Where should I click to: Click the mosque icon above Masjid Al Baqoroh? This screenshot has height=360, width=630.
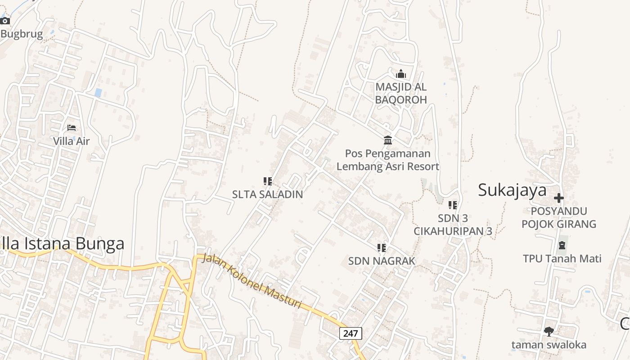[x=400, y=74]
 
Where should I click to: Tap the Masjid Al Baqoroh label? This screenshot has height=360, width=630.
[x=401, y=93]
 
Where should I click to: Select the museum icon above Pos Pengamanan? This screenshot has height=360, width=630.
[x=388, y=140]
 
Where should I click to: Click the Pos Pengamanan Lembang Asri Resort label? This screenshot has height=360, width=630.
[x=388, y=160]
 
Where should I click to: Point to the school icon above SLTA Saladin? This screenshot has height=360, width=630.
[x=268, y=181]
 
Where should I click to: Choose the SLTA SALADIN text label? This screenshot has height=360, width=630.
[x=267, y=194]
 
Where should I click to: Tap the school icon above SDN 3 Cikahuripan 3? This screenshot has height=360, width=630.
[x=453, y=205]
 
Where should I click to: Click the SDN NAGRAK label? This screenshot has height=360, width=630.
[x=382, y=261]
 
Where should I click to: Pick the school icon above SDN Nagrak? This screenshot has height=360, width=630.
[x=382, y=247]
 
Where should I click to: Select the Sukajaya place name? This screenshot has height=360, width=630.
[x=512, y=190]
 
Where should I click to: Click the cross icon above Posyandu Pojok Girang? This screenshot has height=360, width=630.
[x=559, y=198]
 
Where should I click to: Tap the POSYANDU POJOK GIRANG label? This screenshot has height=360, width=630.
[x=559, y=217]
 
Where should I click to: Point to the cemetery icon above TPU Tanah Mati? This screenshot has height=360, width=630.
[x=562, y=245]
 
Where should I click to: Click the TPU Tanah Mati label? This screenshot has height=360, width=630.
[x=562, y=259]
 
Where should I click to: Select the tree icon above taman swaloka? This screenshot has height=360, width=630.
[x=549, y=332]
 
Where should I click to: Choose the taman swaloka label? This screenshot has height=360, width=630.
[x=549, y=345]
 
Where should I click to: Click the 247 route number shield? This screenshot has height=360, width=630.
[x=350, y=333]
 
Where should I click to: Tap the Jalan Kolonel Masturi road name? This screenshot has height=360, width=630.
[x=252, y=281]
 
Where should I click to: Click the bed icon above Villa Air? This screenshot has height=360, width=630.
[x=72, y=128]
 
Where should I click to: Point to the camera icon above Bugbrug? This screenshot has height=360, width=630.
[x=5, y=21]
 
